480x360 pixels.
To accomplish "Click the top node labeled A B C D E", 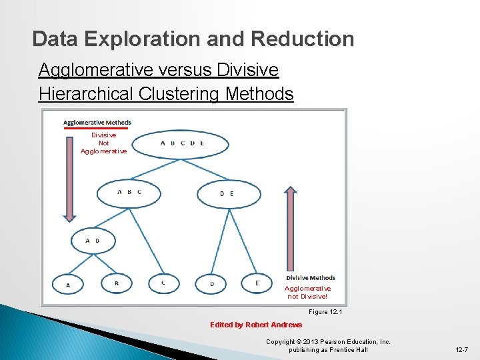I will click(181, 143).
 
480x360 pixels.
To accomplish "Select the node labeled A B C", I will click(129, 193).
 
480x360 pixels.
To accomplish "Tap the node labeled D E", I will click(227, 193).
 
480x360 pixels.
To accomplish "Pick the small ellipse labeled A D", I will click(93, 241).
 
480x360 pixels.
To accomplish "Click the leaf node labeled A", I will click(68, 285).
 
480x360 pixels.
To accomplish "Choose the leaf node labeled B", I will click(117, 283).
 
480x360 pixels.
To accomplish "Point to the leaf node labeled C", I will click(164, 283).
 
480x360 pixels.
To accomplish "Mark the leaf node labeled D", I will click(212, 284).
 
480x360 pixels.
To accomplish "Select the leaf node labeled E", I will click(257, 283).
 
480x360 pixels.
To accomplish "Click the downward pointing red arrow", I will click(70, 177).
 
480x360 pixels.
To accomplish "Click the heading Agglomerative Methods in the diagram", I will click(97, 122).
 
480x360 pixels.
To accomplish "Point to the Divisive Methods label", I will click(311, 278).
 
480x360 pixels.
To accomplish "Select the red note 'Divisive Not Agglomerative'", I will click(103, 143).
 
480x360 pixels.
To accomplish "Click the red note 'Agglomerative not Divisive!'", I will click(308, 293).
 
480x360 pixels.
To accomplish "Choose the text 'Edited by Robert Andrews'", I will click(256, 325).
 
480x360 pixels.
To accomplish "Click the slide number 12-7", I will click(461, 349).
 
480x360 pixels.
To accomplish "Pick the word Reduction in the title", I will click(303, 39).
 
